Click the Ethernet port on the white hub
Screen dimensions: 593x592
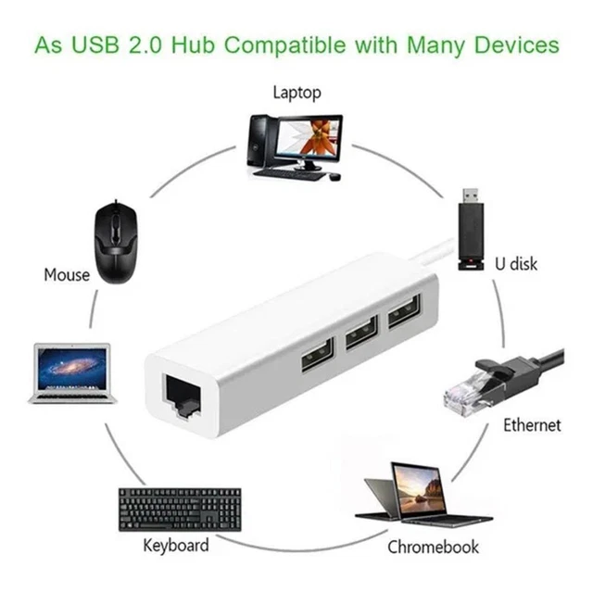(182, 396)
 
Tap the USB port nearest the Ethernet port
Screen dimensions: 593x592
(318, 354)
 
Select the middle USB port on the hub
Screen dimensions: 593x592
(362, 332)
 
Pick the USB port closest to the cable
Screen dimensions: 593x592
(404, 311)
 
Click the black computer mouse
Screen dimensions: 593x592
(116, 242)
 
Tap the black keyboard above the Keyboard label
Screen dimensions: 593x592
(180, 510)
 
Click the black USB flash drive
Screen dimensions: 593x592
(471, 230)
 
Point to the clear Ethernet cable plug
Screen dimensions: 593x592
(503, 385)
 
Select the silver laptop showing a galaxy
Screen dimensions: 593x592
(71, 373)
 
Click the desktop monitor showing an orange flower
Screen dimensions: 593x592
(308, 143)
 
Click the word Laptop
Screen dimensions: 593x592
(297, 93)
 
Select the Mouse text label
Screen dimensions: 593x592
(67, 275)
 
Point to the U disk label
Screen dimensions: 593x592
(516, 264)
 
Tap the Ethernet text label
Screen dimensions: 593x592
(532, 425)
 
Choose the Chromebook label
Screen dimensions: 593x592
(433, 547)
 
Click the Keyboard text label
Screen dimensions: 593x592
(176, 546)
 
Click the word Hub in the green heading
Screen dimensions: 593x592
(194, 45)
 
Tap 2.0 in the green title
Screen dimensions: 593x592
(145, 45)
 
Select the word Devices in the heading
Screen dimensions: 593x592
(517, 45)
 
